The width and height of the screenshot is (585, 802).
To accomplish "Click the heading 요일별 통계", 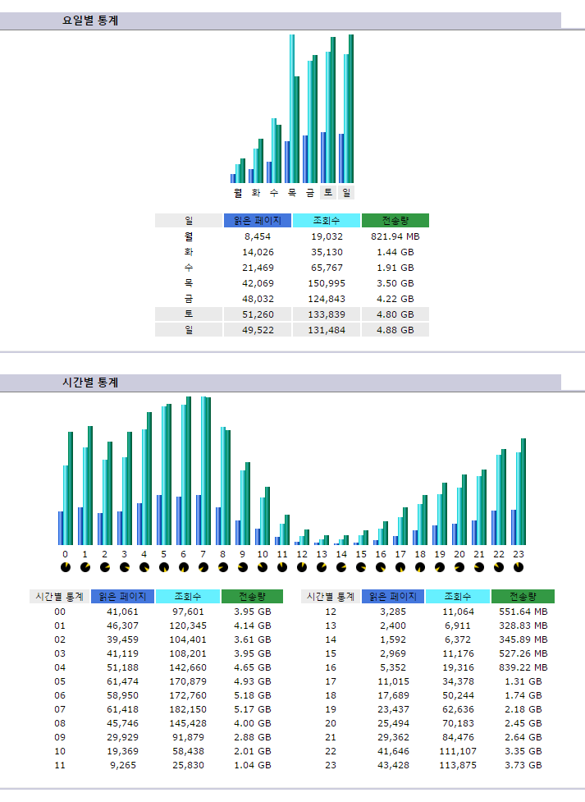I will point(90,21).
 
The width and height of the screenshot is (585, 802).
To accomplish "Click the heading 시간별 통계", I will point(90,383).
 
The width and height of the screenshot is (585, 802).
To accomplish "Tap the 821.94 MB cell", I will point(395,236).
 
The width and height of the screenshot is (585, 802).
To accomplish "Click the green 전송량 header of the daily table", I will point(395,221).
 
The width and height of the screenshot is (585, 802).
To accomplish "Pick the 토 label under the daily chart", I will point(328,192).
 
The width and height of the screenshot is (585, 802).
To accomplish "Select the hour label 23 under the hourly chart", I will point(519,554).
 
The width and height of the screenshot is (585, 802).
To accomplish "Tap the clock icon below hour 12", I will point(301,567).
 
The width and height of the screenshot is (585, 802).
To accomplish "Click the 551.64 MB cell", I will point(523,612).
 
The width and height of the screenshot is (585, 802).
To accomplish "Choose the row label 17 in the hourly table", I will point(331,681).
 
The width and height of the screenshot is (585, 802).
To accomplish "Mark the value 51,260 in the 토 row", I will point(258,314).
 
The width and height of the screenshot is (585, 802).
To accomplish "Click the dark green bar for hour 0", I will point(71,488).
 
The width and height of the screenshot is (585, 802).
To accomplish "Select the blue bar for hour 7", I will point(199,520).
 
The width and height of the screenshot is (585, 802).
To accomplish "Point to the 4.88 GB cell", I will point(395,330).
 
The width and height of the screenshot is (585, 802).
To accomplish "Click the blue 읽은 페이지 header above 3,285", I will point(393,597).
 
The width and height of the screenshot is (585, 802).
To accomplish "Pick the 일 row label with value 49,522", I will point(189,330).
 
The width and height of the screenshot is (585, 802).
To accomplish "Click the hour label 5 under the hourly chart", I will point(164,554).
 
